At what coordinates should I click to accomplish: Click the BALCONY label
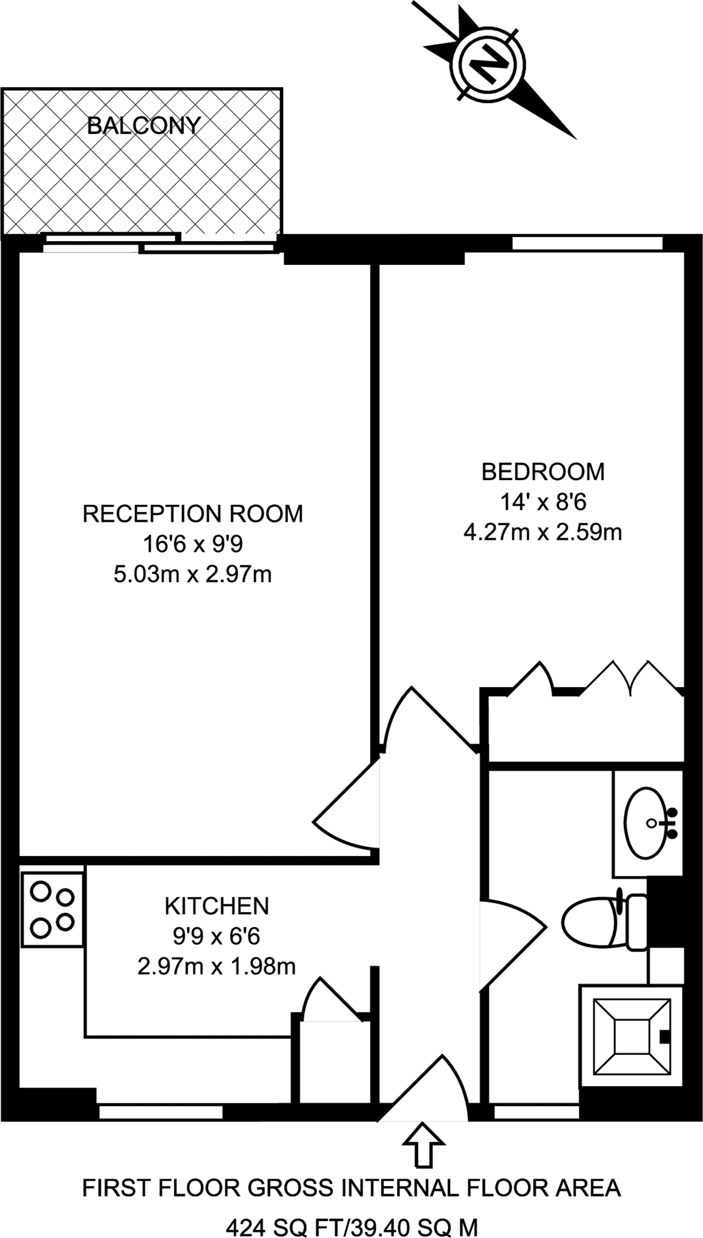coord(143,126)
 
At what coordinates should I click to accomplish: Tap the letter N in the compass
coord(488,62)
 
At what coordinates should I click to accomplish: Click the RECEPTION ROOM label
coord(192,514)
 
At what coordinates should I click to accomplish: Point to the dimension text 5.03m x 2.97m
coord(192,574)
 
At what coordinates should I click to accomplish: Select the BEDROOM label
coord(543,472)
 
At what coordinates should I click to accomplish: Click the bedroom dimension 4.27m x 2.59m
coord(543,533)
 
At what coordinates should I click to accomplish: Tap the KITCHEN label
coord(217,906)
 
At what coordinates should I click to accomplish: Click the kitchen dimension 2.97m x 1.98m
coord(217,967)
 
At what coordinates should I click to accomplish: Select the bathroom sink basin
coord(647,823)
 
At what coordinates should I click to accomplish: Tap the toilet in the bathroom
coord(602,922)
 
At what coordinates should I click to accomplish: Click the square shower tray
coord(632,1036)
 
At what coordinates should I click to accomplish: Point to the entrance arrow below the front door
coord(423,1144)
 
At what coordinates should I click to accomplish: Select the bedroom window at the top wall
coord(587,244)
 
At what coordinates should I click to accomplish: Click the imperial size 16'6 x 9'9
coord(192,544)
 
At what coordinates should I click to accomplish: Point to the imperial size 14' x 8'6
coord(543,502)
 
